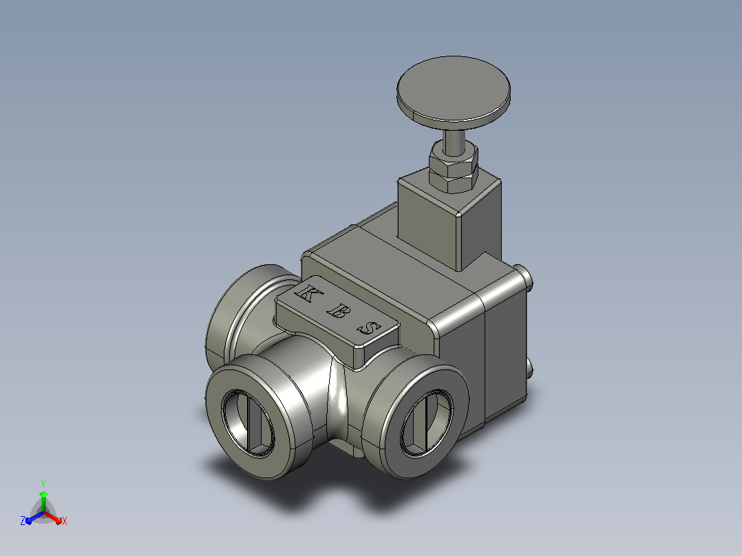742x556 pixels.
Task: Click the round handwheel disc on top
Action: coord(454,93)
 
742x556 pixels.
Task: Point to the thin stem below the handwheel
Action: coord(454,141)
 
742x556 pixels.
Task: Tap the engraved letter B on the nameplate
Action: coord(337,311)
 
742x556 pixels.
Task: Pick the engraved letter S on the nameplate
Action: coord(369,328)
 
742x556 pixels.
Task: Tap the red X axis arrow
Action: coord(52,517)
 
